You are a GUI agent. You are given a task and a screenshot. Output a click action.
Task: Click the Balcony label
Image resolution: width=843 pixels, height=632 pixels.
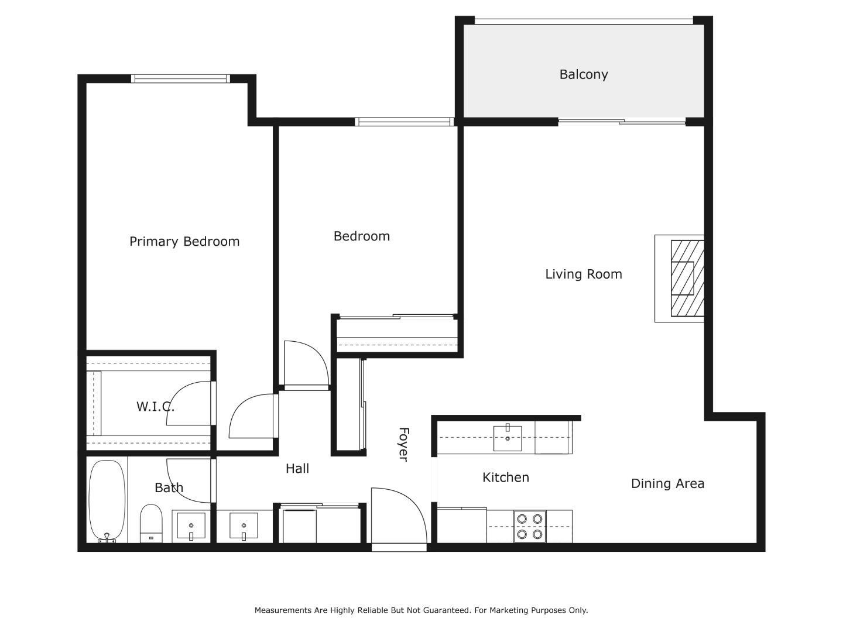pos(583,74)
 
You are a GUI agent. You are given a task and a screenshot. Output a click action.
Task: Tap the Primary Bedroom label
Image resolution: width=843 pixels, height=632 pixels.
pos(184,241)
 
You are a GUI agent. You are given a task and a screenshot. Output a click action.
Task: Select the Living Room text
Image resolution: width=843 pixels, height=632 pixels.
pos(583,274)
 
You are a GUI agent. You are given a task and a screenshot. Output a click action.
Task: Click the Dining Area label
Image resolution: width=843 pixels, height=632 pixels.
pos(667,483)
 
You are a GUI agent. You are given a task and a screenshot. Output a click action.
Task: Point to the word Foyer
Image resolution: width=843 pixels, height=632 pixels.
pos(403,444)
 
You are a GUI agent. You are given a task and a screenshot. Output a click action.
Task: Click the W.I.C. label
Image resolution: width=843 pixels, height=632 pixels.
pos(155,406)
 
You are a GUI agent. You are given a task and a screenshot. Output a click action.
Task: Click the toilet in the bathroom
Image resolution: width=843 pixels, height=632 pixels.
pos(151,523)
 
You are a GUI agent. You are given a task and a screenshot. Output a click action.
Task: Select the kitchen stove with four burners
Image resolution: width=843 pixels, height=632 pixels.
pos(529,526)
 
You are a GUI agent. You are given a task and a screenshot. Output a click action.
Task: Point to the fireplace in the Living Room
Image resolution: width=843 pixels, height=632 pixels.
pos(683,279)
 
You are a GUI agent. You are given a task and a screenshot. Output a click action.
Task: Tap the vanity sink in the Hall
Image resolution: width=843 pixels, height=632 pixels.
pos(244,525)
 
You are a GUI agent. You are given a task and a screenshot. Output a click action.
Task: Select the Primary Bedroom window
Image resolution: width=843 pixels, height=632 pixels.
pos(180,78)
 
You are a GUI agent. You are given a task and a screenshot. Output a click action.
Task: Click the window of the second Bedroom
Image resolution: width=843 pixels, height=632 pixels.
pos(404,122)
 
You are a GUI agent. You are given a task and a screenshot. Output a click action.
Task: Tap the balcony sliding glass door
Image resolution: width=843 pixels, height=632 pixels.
pos(622,122)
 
